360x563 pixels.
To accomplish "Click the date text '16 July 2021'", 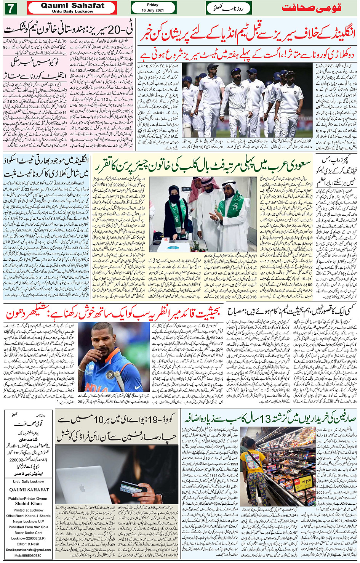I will (152, 10).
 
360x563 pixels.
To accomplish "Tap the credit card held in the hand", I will (129, 488).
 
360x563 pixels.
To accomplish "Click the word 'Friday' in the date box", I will (152, 5).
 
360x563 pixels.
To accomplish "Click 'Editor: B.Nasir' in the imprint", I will (28, 544).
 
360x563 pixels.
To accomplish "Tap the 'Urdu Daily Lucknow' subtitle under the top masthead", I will (72, 11).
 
